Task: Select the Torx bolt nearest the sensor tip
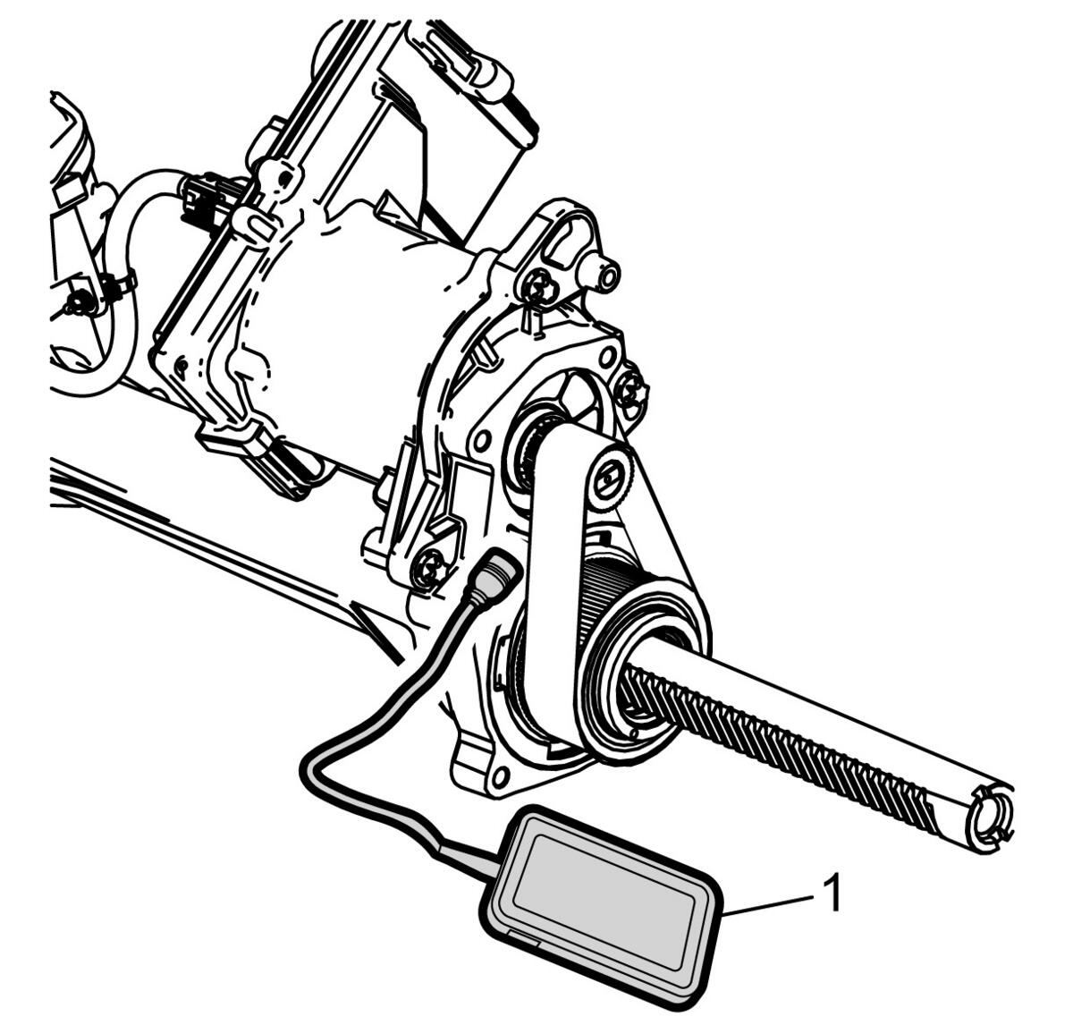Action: (430, 566)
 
